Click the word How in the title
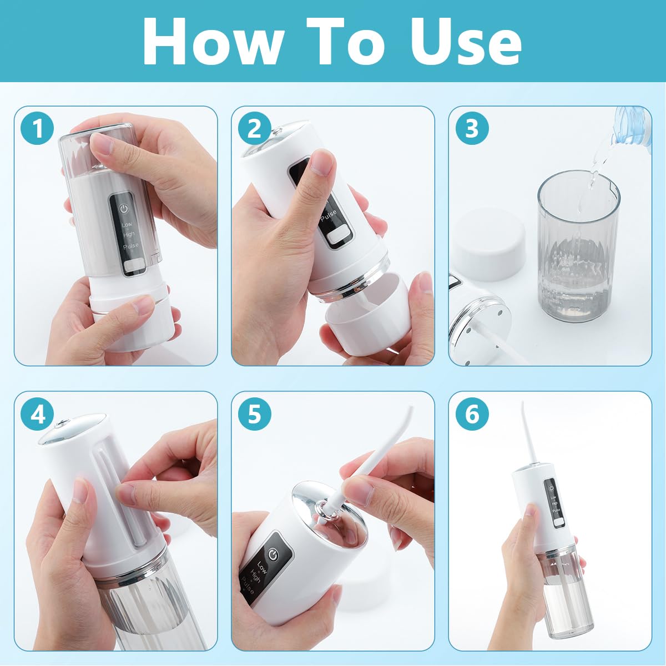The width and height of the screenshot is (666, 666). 213,42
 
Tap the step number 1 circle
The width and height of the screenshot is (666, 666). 37,129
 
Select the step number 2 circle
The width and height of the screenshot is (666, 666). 255,129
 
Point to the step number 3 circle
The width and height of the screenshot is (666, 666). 472,129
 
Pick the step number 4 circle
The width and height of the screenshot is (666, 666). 37,414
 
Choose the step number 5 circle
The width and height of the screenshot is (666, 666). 255,414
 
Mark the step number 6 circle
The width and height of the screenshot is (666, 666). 472,414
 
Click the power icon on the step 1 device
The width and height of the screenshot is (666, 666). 124,209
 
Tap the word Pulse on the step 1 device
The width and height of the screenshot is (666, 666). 130,245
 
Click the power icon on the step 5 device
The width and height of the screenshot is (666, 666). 274,553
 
